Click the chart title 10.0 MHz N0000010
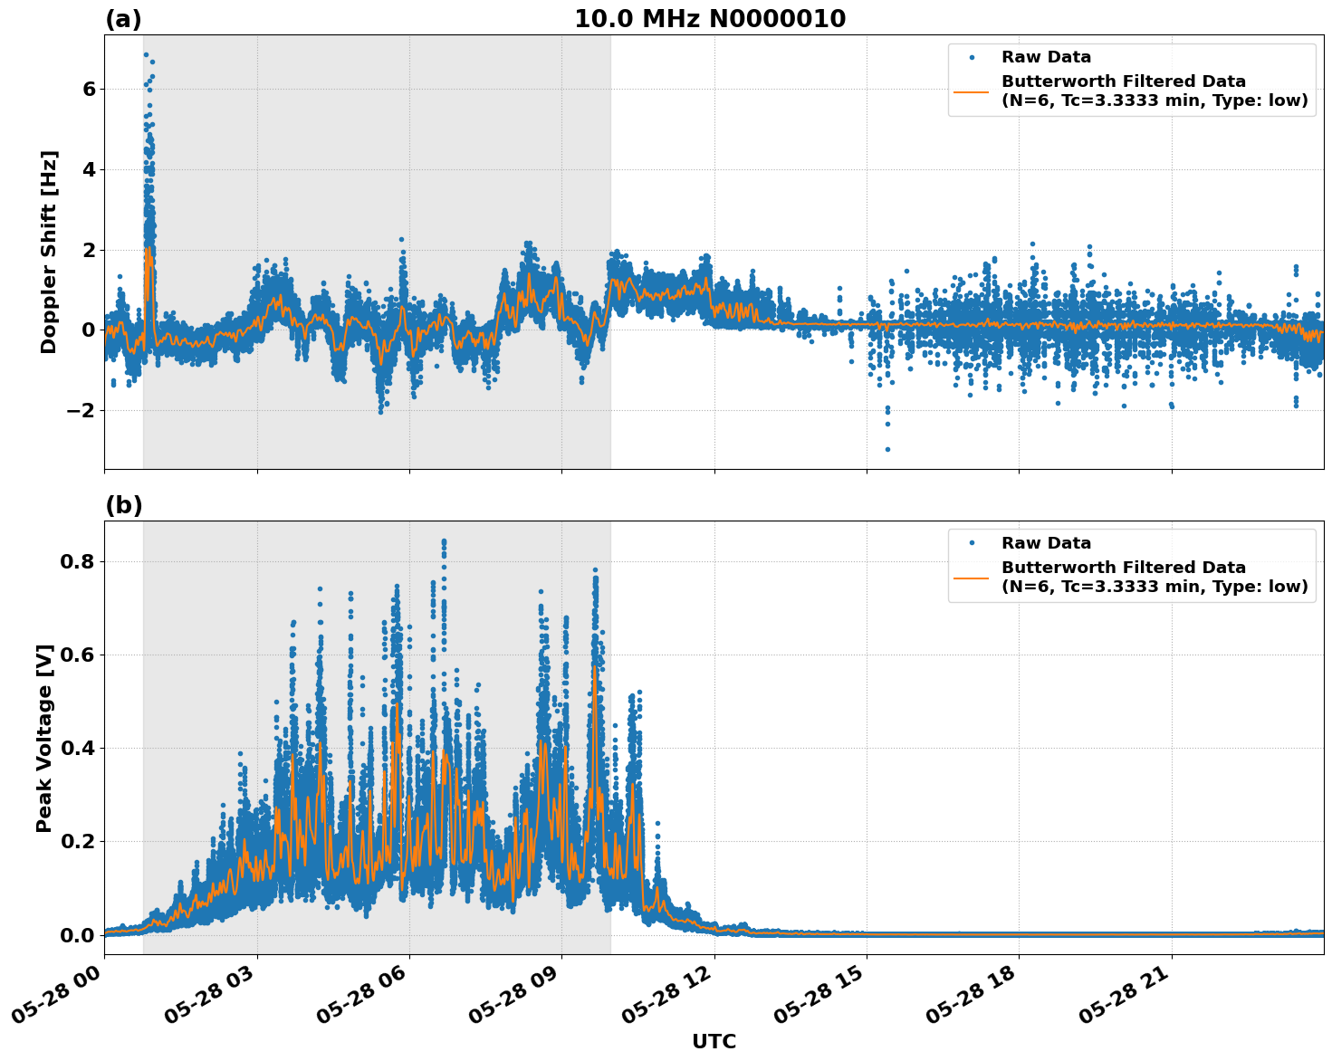click(709, 19)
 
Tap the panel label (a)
click(123, 19)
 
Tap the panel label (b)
click(123, 505)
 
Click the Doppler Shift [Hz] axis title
click(49, 252)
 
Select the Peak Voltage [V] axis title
click(44, 738)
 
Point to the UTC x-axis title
click(714, 1041)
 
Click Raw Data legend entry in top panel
click(1046, 57)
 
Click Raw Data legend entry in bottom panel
click(1046, 543)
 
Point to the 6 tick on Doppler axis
click(89, 89)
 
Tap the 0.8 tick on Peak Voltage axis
click(78, 561)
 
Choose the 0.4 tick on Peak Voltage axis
click(78, 748)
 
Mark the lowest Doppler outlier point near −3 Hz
click(887, 449)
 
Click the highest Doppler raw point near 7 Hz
click(146, 54)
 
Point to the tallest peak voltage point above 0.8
click(444, 541)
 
